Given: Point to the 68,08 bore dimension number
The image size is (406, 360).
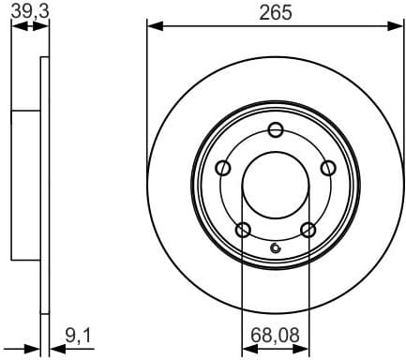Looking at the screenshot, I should (x=276, y=333).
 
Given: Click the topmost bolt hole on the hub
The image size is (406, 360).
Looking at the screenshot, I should (x=276, y=130).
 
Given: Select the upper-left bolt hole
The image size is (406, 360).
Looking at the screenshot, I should (x=223, y=168).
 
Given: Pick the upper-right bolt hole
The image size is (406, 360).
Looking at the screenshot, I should (x=328, y=168).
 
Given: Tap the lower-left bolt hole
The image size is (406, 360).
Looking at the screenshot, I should (x=243, y=230).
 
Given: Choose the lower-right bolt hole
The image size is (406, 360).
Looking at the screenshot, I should (x=308, y=230).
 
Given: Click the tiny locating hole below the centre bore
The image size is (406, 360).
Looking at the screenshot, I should (x=275, y=248).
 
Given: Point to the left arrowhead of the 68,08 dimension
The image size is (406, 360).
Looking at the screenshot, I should (x=248, y=348).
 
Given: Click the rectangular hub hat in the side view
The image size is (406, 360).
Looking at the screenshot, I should (x=24, y=187).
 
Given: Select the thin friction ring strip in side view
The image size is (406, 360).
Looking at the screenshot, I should (x=44, y=187).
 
